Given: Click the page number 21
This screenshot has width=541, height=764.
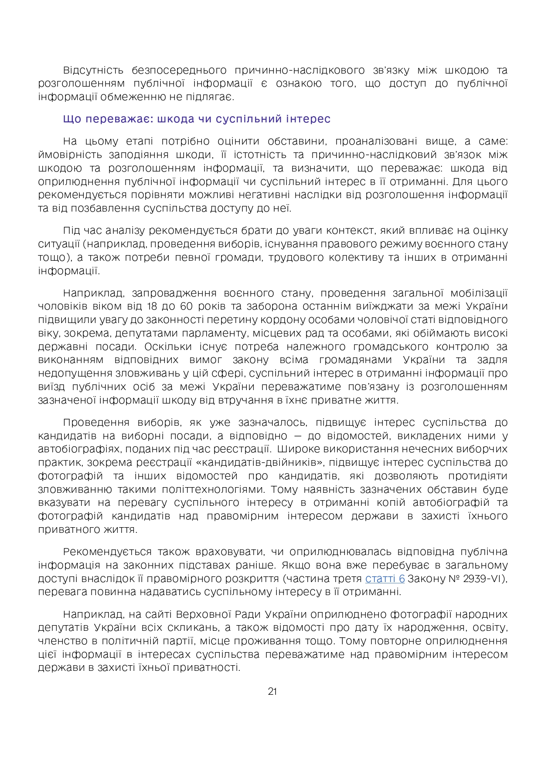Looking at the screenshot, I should click(x=272, y=691).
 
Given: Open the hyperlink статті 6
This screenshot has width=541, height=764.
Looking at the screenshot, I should click(x=385, y=579).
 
